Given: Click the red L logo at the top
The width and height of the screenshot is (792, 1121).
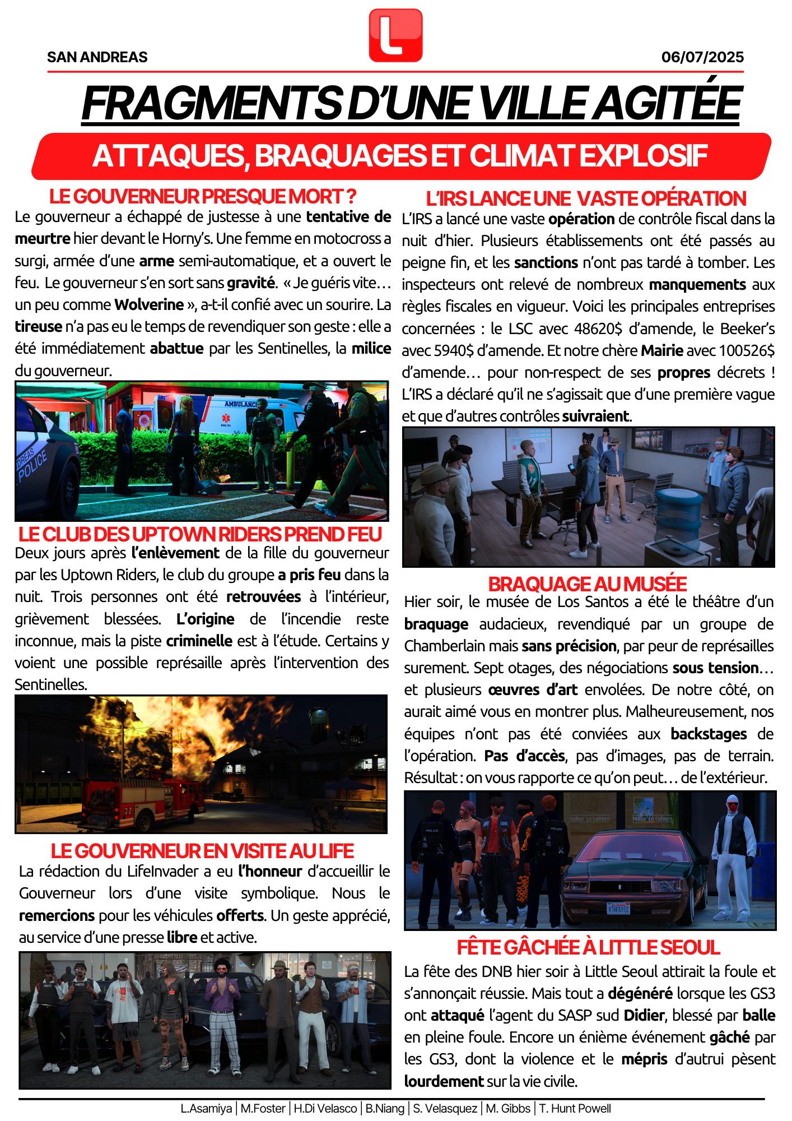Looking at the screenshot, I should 395,35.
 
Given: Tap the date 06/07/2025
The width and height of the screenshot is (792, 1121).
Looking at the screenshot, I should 702,57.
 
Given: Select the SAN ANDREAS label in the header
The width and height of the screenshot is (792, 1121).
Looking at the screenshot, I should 97,57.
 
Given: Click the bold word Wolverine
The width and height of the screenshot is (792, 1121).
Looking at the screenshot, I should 149,305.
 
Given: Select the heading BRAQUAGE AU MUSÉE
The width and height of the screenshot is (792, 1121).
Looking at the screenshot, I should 588,584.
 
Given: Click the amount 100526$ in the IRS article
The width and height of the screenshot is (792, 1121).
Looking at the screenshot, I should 747,350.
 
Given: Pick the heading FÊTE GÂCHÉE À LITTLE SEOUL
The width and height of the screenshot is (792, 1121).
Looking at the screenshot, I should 589,947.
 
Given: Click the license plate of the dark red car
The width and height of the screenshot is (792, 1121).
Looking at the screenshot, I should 618,908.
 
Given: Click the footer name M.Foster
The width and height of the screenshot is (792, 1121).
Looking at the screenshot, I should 263,1109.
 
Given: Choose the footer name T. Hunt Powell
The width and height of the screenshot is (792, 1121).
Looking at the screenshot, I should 575,1109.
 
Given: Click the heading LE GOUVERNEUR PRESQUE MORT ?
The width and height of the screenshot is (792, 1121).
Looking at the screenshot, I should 203,197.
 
